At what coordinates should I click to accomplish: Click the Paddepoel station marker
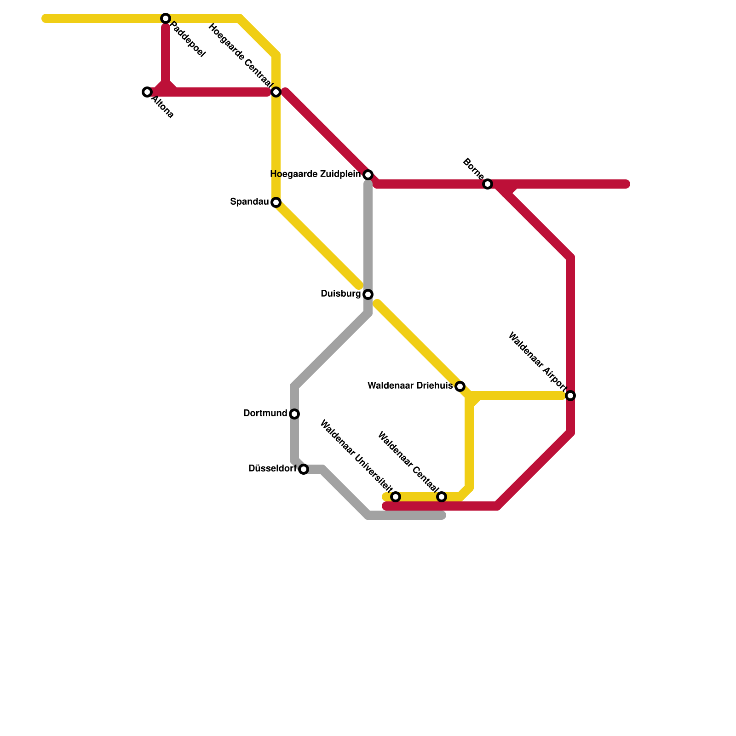[166, 18]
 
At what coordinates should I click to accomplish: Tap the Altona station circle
[147, 92]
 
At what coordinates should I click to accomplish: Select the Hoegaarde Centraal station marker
[276, 92]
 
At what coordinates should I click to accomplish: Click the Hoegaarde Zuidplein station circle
[368, 175]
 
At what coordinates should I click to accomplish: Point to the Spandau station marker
[276, 202]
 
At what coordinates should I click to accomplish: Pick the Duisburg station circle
[368, 294]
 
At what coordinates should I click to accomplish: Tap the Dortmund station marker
[294, 414]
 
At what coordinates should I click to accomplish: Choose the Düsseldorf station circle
[304, 469]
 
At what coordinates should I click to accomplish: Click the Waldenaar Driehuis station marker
[460, 386]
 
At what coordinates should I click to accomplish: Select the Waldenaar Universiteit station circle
[396, 497]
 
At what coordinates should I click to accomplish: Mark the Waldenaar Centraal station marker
[442, 497]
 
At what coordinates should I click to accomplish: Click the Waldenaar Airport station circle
[570, 396]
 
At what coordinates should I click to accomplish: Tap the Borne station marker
[488, 184]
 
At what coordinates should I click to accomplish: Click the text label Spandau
[249, 202]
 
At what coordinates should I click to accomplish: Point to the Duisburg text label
[340, 294]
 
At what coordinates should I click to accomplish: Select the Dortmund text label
[265, 414]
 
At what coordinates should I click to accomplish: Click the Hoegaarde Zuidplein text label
[315, 174]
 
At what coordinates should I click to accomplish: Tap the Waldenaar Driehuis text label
[410, 386]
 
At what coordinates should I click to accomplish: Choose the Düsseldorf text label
[272, 469]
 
